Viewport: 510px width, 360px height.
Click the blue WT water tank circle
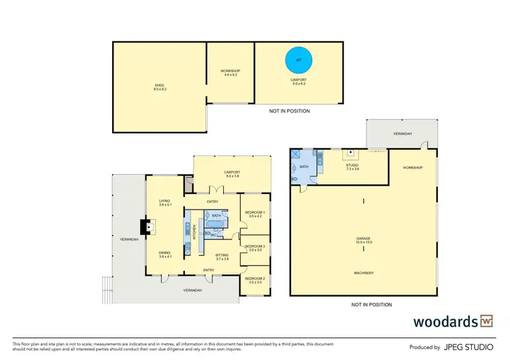point(297,61)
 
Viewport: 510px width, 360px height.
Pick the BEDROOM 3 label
point(254,248)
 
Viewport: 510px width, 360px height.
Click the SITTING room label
point(213,256)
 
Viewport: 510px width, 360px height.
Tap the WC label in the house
point(221,235)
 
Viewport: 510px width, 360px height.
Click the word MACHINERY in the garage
point(364,273)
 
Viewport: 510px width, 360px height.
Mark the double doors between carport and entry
point(216,189)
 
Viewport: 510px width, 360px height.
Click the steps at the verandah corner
point(106,291)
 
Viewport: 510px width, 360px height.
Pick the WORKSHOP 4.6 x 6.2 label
point(230,73)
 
